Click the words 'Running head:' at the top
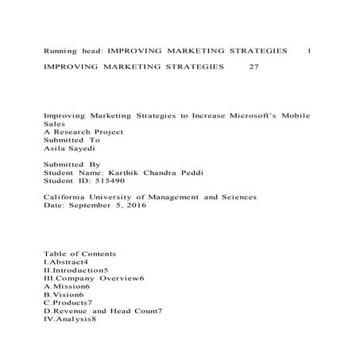pyautogui.click(x=72, y=50)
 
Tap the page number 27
pyautogui.click(x=254, y=67)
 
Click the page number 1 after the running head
pyautogui.click(x=308, y=50)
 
